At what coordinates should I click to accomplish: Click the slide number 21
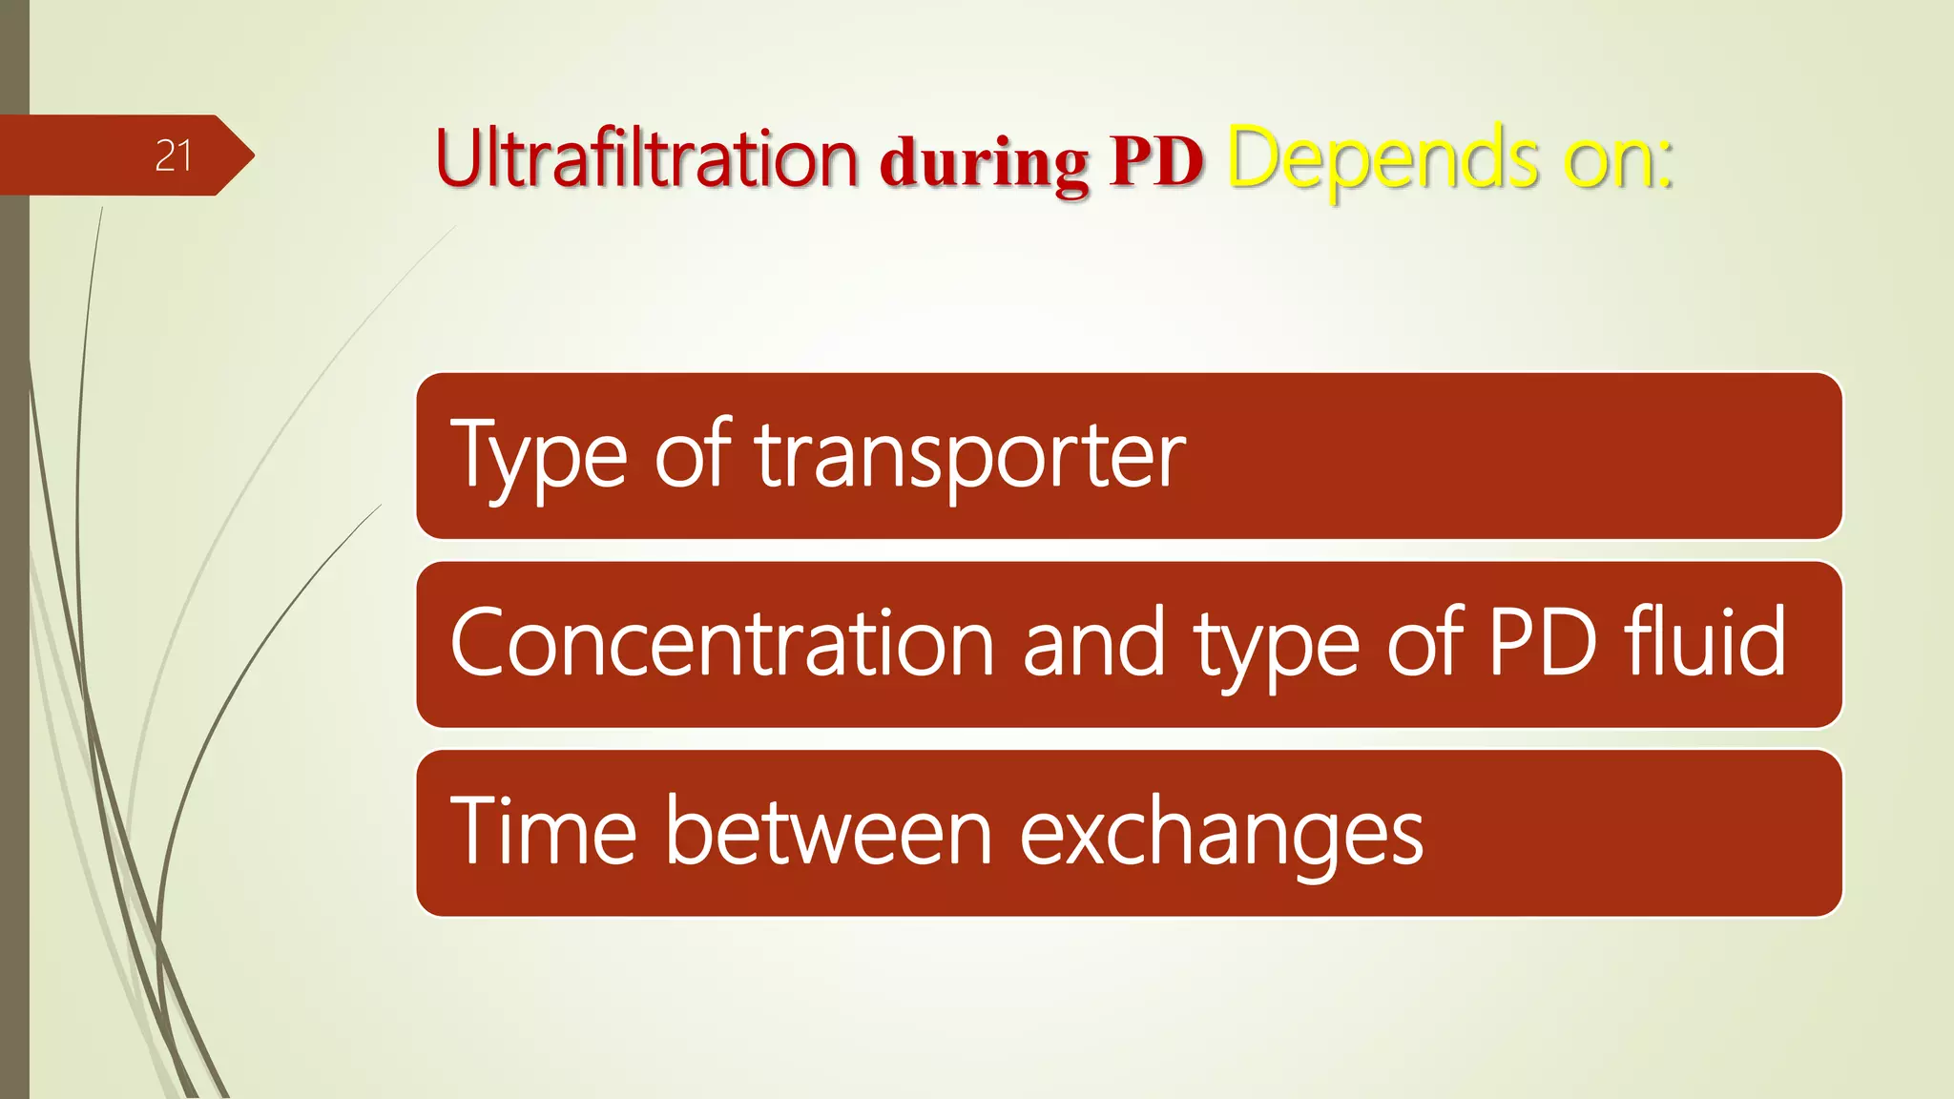173,156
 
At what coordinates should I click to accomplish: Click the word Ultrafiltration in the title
646,158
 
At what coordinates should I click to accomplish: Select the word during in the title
984,164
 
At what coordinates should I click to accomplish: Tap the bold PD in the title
1155,162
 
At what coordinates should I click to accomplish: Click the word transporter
970,456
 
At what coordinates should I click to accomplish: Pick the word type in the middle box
1277,647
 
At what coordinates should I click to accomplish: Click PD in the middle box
1542,644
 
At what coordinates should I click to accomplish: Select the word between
829,832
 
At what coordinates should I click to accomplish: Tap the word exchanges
1221,835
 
